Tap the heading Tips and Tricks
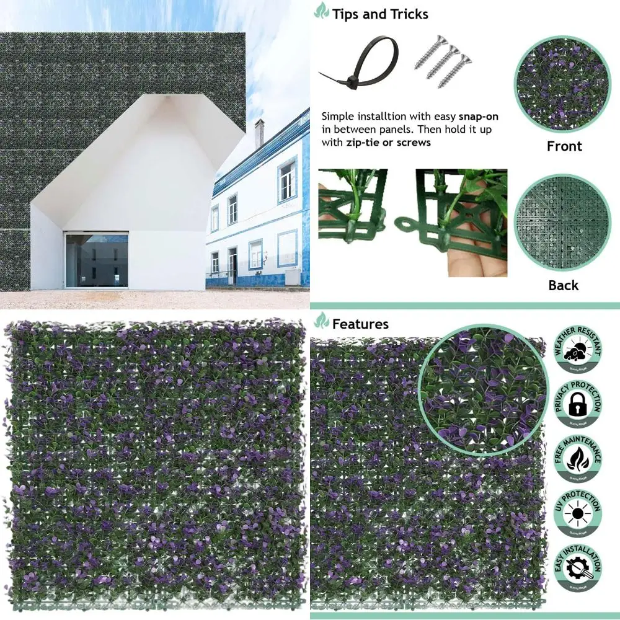(379, 14)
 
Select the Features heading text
(360, 324)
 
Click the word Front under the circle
(564, 146)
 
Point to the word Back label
(564, 285)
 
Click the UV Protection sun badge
(578, 514)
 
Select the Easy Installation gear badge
(578, 568)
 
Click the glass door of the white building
(96, 260)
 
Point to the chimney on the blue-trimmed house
(259, 133)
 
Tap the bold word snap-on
(478, 117)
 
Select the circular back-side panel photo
(563, 222)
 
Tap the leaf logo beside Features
(322, 321)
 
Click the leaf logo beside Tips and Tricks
(322, 11)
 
